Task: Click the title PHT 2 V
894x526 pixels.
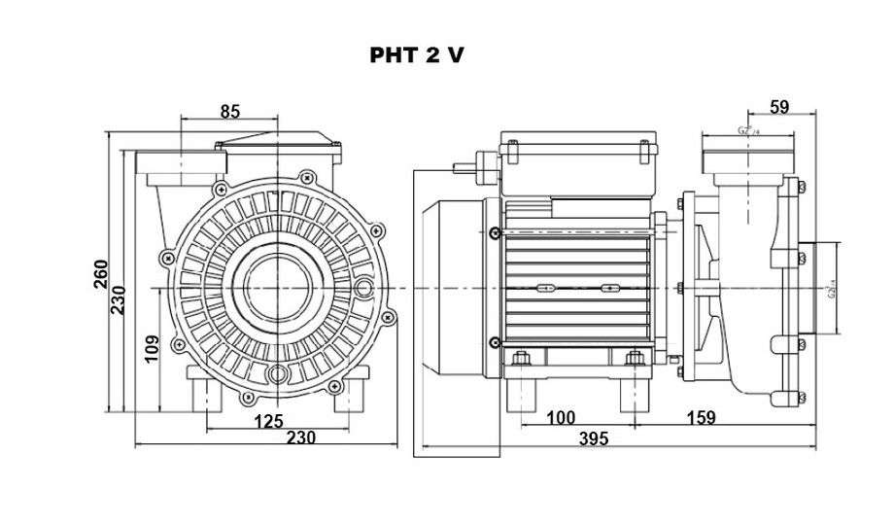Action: click(416, 55)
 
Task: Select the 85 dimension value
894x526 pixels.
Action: click(229, 112)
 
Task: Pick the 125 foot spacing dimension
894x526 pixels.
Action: click(268, 421)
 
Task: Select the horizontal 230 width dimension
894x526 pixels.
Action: click(302, 438)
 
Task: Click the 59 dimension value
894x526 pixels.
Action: click(778, 107)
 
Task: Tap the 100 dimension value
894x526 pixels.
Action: click(561, 418)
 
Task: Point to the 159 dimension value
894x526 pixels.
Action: click(701, 418)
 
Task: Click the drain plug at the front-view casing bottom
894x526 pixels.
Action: click(279, 372)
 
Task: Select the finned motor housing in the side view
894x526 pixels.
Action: click(577, 288)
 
